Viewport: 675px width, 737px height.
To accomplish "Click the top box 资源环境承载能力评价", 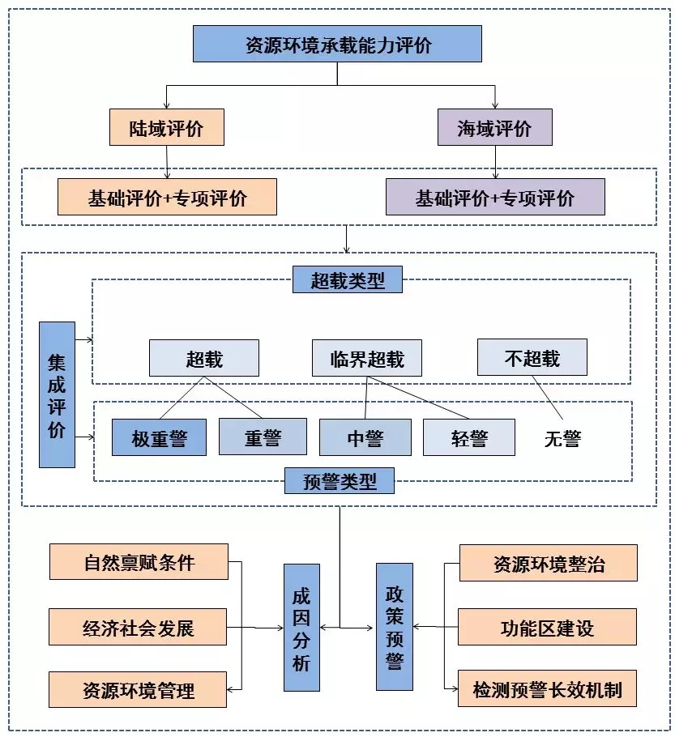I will (x=337, y=44).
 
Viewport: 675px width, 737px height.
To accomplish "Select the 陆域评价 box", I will (x=166, y=128).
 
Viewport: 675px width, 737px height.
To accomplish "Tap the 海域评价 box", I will (x=494, y=128).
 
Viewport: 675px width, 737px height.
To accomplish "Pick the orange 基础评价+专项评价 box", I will (x=167, y=197).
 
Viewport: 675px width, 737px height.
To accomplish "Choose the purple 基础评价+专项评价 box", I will (x=495, y=197).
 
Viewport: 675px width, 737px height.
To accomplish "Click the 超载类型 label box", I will (x=348, y=280).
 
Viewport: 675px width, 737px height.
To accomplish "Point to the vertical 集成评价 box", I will (x=57, y=394).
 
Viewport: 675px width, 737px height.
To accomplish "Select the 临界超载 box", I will (x=367, y=358).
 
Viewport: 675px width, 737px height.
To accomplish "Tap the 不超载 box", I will (x=532, y=357).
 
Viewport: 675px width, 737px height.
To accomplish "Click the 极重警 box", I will (x=159, y=437).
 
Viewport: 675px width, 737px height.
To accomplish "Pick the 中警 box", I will (x=365, y=437).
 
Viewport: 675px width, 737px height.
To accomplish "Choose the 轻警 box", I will (x=468, y=437).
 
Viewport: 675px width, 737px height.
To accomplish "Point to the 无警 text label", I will (x=562, y=438).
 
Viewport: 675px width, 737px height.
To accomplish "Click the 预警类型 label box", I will (x=340, y=480).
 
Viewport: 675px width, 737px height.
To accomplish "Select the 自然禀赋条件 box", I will (x=139, y=562).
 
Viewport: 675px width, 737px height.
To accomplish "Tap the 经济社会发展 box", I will (x=138, y=627).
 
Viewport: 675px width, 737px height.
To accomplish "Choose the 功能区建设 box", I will (x=548, y=627).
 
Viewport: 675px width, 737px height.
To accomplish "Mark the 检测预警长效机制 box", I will (x=548, y=689).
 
